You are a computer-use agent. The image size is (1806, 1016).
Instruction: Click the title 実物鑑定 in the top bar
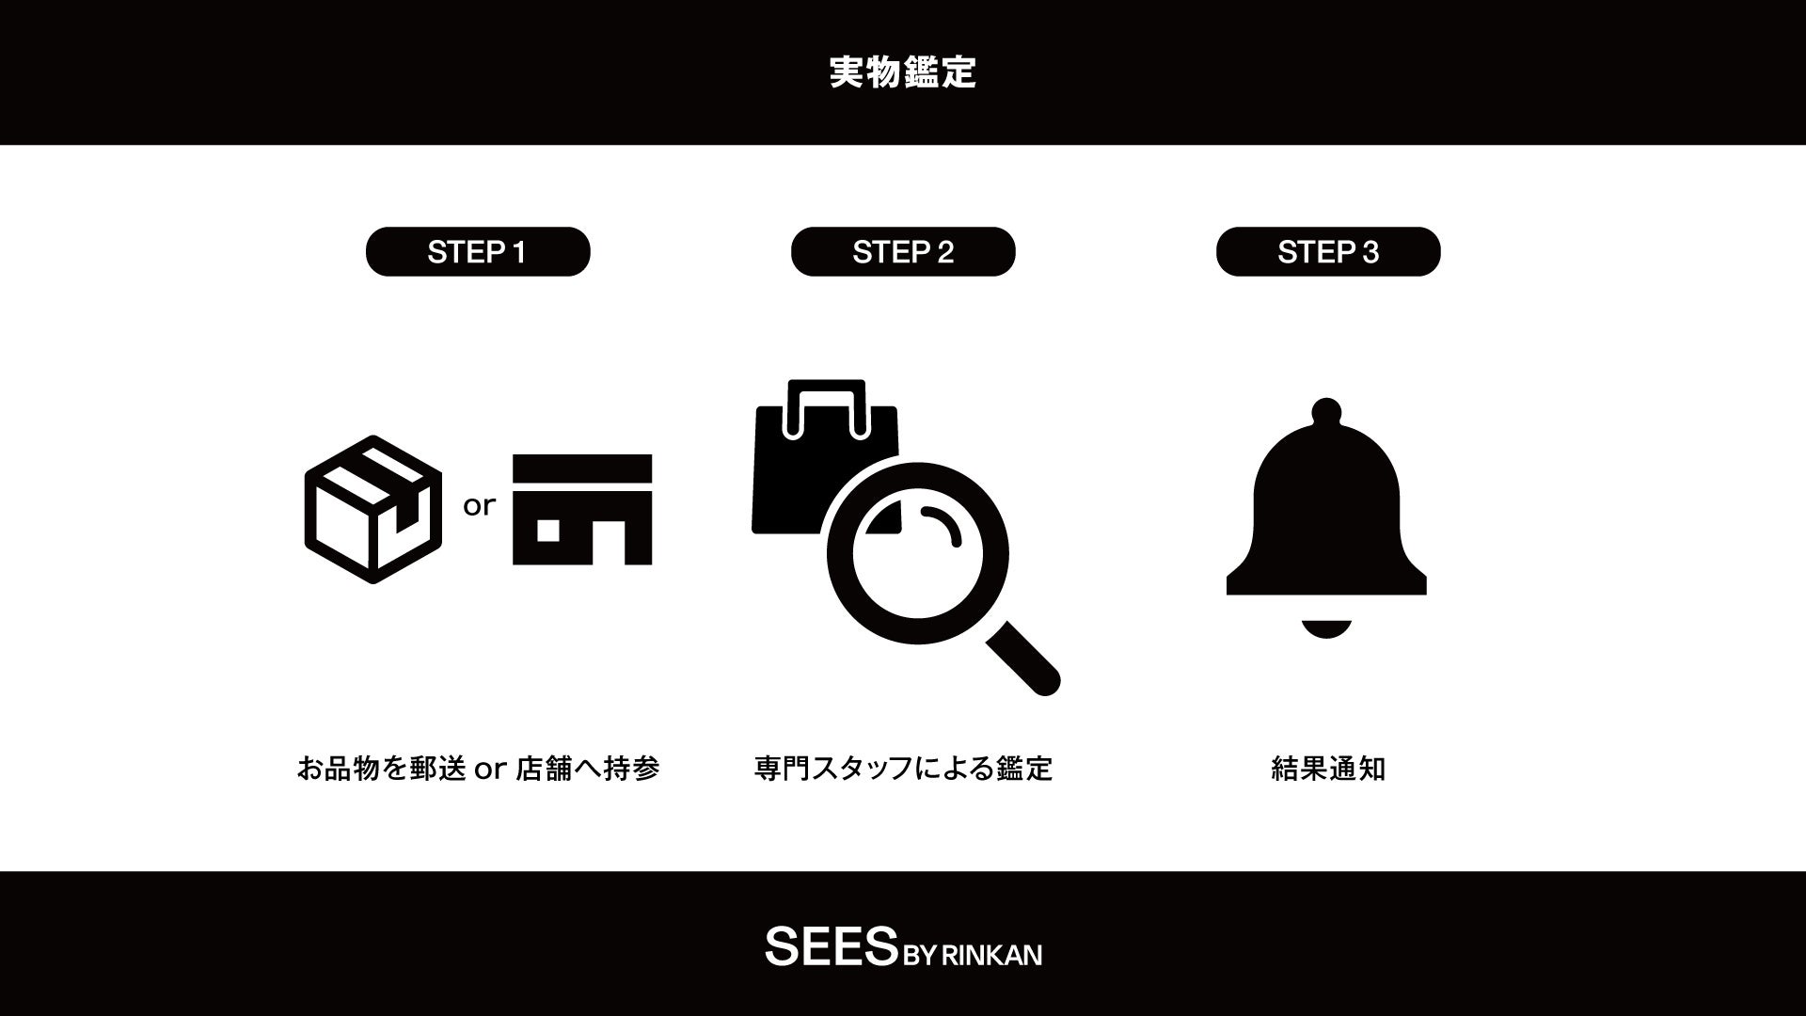903,72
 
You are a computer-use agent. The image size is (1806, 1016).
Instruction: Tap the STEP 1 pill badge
478,251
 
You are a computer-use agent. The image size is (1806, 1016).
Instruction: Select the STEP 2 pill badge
903,251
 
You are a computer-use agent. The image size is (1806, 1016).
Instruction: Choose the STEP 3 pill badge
1328,251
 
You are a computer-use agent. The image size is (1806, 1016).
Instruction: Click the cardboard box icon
373,509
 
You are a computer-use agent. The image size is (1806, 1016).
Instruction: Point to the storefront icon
582,509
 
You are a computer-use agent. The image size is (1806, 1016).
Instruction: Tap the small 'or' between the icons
479,506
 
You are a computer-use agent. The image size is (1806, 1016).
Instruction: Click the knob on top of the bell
1326,410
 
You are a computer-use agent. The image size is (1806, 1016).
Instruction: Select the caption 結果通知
1328,769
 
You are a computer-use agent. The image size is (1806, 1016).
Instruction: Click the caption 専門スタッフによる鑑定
903,769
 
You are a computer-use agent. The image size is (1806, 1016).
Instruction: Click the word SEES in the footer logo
830,946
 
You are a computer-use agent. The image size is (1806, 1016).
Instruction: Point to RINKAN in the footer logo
991,955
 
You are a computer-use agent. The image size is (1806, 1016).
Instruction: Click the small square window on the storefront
548,531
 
